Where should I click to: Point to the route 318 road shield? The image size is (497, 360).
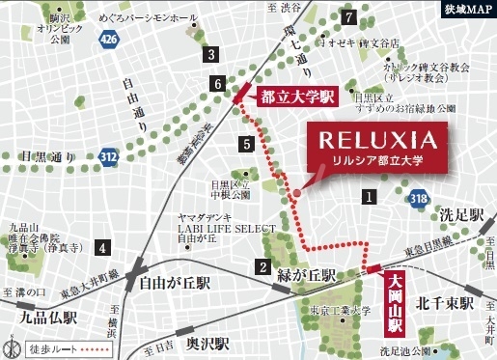(418, 198)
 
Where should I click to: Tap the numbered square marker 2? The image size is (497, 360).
(262, 266)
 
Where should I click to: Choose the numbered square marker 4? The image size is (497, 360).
(101, 248)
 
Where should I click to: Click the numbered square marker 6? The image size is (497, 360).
(219, 85)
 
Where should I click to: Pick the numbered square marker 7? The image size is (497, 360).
(348, 15)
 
